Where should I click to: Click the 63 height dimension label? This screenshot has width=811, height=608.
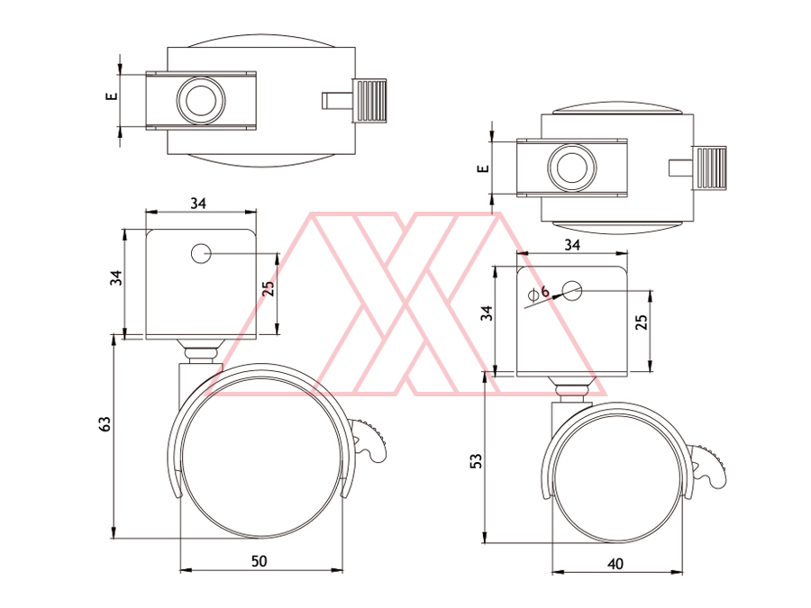tap(105, 424)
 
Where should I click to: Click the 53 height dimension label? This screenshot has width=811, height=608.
tap(476, 460)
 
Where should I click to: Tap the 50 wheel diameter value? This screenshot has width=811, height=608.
tap(260, 561)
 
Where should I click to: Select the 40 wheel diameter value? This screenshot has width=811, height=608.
tap(615, 564)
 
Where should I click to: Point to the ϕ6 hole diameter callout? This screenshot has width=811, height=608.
tap(539, 293)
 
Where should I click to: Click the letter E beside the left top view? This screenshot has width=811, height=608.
tap(112, 95)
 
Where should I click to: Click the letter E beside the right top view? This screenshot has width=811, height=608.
tap(483, 168)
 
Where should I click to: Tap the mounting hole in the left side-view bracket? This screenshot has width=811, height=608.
tap(201, 254)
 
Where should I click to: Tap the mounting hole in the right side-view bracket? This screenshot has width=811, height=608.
tap(572, 291)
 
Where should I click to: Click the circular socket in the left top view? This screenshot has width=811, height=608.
tap(201, 100)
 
